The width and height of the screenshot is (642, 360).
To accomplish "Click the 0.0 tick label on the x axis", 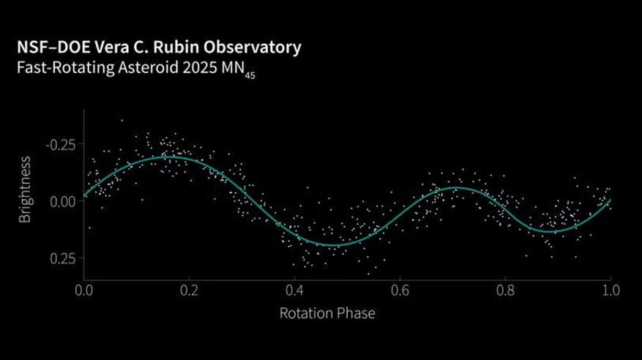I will tap(83, 291).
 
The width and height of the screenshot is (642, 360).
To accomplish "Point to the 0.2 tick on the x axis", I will tap(189, 291).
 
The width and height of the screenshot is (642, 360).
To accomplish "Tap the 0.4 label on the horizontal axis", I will tap(294, 291).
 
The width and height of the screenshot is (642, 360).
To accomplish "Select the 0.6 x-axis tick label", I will tap(400, 291).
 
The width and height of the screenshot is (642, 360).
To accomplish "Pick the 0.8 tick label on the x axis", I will tap(505, 291).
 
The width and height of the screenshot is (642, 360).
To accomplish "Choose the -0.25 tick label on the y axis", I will tap(59, 143).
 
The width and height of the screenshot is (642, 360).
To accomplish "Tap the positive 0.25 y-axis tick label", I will tap(62, 258).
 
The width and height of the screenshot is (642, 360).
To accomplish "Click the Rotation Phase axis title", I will tap(327, 314).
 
